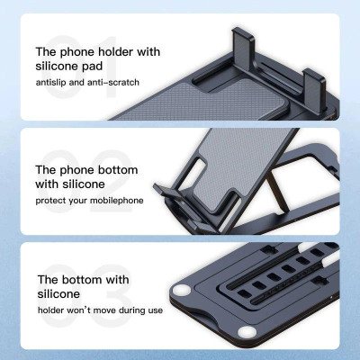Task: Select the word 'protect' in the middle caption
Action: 55,199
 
